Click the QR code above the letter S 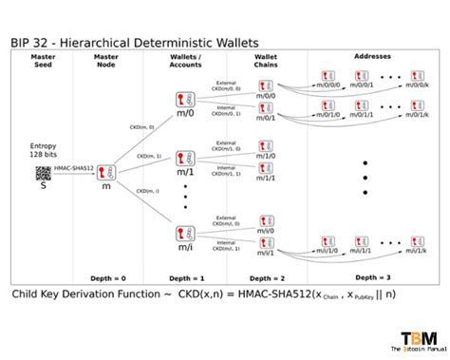pyautogui.click(x=43, y=173)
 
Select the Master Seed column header pyautogui.click(x=43, y=61)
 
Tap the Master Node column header pyautogui.click(x=106, y=61)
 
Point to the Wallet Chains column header pyautogui.click(x=267, y=61)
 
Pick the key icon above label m pyautogui.click(x=106, y=172)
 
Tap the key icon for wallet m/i pyautogui.click(x=185, y=235)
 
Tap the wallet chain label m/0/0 pyautogui.click(x=267, y=93)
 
